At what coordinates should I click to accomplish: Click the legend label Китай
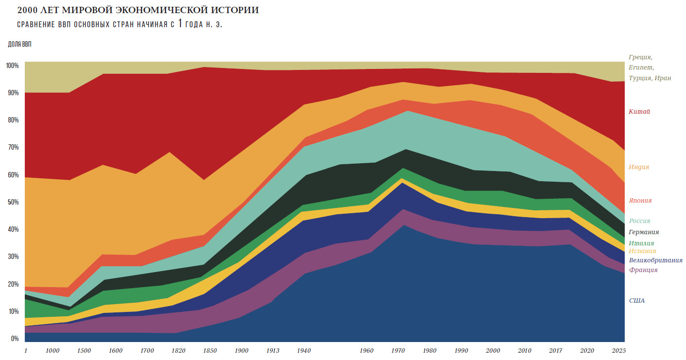coord(639,112)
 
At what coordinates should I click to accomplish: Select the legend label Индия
coord(639,167)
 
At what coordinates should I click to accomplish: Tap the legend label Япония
coord(640,200)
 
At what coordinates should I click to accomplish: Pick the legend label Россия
coord(639,221)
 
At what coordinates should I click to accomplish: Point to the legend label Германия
coord(644,232)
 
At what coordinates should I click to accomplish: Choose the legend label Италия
coord(641,243)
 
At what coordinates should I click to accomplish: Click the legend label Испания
coord(642,251)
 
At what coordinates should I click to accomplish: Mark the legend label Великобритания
coord(655,260)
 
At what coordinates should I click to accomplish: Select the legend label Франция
coord(643,270)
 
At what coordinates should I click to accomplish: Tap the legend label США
coord(637,301)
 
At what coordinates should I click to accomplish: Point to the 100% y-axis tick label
coord(12,66)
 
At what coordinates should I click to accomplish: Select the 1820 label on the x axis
coord(178,350)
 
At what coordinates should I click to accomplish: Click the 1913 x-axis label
coord(273,350)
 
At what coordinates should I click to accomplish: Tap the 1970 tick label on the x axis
coord(398,350)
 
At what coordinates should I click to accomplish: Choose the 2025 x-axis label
coord(618,350)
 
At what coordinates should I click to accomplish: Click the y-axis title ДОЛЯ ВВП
coord(19,45)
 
